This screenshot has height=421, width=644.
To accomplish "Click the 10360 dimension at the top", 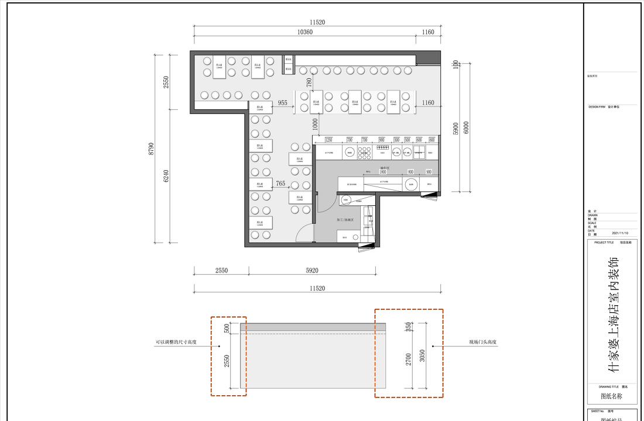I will pyautogui.click(x=305, y=32).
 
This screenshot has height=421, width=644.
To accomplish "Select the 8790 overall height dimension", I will pyautogui.click(x=151, y=149).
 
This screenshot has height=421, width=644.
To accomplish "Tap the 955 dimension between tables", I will pyautogui.click(x=283, y=103).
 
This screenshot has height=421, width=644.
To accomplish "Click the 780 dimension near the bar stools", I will pyautogui.click(x=309, y=82).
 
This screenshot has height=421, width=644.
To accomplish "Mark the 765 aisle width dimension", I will pyautogui.click(x=280, y=184).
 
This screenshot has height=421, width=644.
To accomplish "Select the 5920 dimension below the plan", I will pyautogui.click(x=312, y=271).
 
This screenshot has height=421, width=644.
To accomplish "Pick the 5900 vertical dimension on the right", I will pyautogui.click(x=456, y=129).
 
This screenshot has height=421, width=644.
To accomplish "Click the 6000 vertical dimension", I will pyautogui.click(x=466, y=127).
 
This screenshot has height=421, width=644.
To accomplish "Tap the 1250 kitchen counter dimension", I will pyautogui.click(x=328, y=140).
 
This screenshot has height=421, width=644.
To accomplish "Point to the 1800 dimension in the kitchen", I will pyautogui.click(x=383, y=172).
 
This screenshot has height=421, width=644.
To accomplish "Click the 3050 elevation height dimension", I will pyautogui.click(x=423, y=356).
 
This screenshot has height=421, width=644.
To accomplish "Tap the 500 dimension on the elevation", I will pyautogui.click(x=227, y=329).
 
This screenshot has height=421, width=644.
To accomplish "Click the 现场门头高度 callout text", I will pyautogui.click(x=481, y=342).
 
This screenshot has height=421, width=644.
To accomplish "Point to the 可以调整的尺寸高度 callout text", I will pyautogui.click(x=176, y=342).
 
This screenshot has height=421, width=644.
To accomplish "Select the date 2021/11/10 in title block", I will pyautogui.click(x=619, y=233).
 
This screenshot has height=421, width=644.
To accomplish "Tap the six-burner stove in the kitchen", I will pyautogui.click(x=364, y=153).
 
